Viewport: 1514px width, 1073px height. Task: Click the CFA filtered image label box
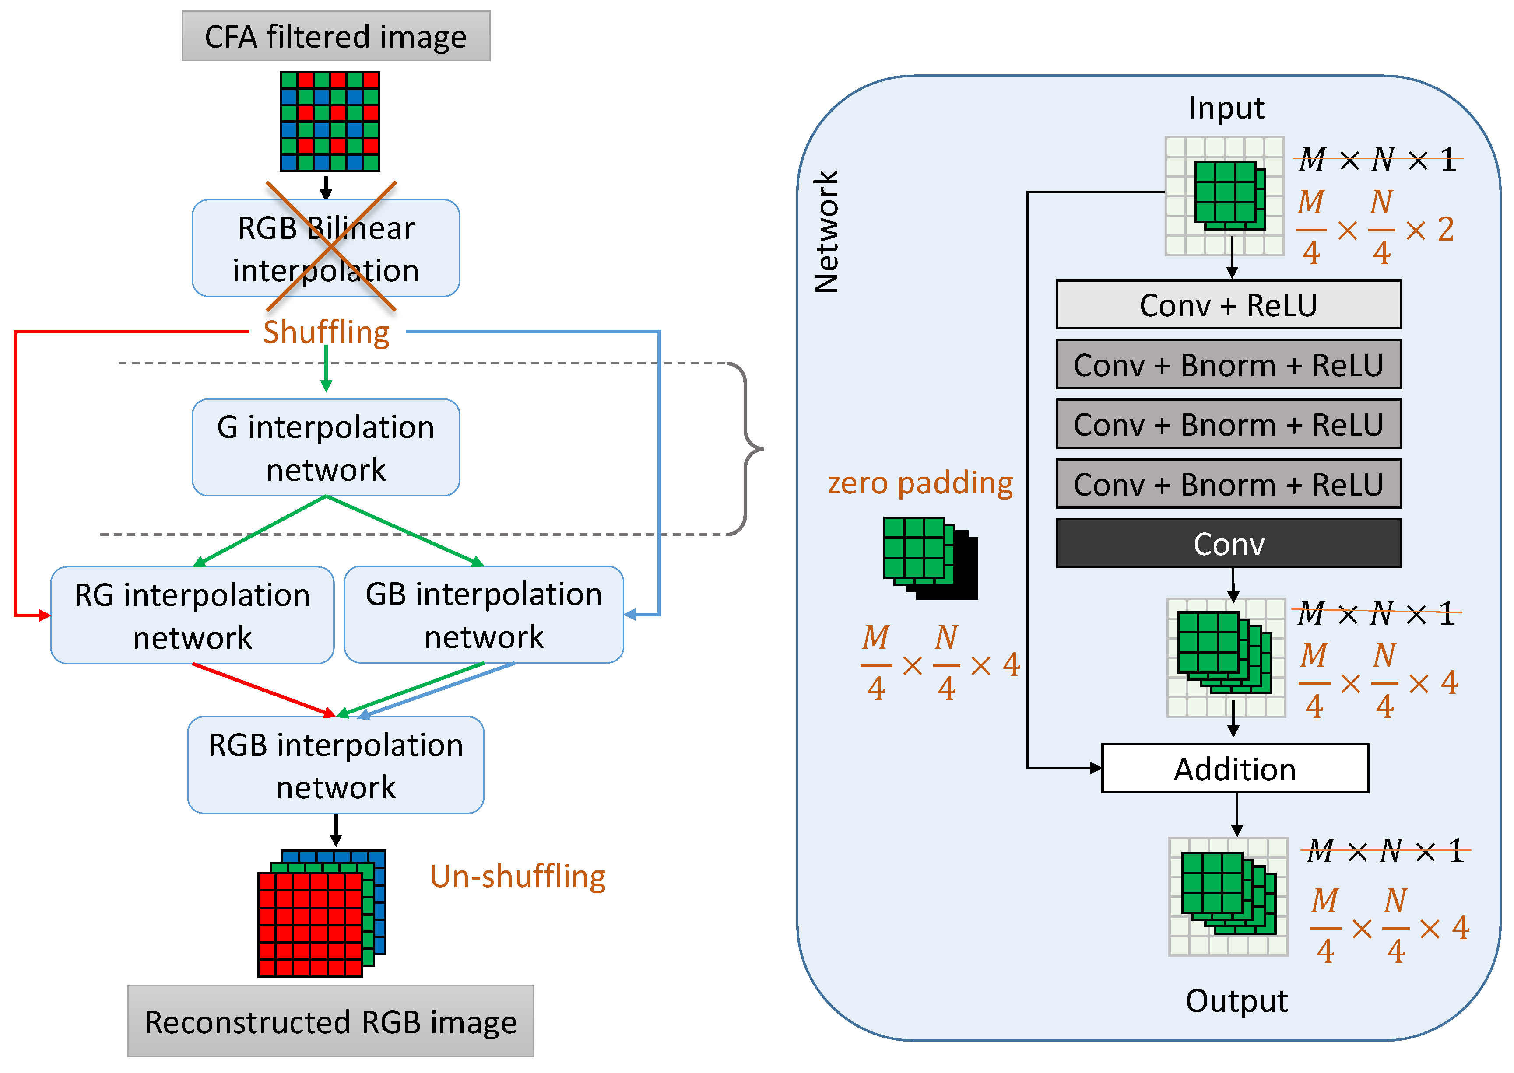tap(336, 36)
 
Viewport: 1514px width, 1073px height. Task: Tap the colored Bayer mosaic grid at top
tap(330, 122)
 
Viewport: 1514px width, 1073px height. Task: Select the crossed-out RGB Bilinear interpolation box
tap(326, 248)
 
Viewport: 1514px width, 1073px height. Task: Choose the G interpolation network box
tap(326, 447)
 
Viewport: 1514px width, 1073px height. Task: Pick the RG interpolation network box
tap(193, 615)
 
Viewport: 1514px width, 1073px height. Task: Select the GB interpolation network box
tap(484, 615)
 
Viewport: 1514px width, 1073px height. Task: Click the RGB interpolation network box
tap(336, 765)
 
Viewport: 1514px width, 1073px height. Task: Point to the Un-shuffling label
tap(518, 877)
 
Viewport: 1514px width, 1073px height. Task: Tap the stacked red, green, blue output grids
tap(321, 914)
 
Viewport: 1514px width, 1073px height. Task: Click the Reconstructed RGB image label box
tap(330, 1021)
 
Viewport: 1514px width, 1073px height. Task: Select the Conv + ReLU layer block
tap(1228, 304)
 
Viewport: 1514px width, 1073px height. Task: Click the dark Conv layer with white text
tap(1228, 544)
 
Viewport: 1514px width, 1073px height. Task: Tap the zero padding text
tap(920, 483)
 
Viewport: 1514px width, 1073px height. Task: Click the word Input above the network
tap(1226, 108)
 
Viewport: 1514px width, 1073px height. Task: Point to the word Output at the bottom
tap(1236, 1001)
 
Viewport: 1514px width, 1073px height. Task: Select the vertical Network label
tap(826, 231)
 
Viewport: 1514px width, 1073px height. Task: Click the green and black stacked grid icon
tap(930, 558)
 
